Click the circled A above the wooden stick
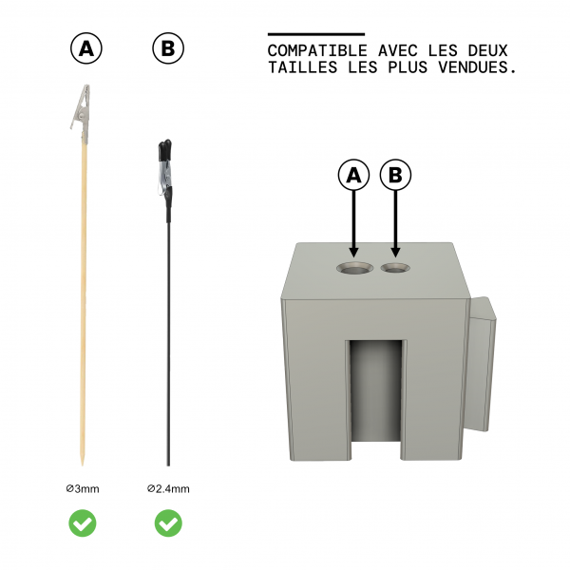[86, 48]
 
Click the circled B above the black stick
[168, 48]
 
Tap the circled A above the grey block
[353, 175]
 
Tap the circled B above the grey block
[395, 175]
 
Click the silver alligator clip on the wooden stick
[82, 113]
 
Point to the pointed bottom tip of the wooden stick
[82, 465]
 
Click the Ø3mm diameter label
[83, 489]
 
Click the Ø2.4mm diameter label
[168, 489]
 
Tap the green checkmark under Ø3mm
[83, 523]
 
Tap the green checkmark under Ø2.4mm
[168, 523]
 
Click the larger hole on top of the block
[354, 268]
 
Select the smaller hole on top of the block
[395, 268]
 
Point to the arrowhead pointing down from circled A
[353, 252]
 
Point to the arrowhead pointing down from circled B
[395, 252]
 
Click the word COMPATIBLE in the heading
[317, 50]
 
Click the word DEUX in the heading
[487, 50]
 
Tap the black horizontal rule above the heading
[316, 34]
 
